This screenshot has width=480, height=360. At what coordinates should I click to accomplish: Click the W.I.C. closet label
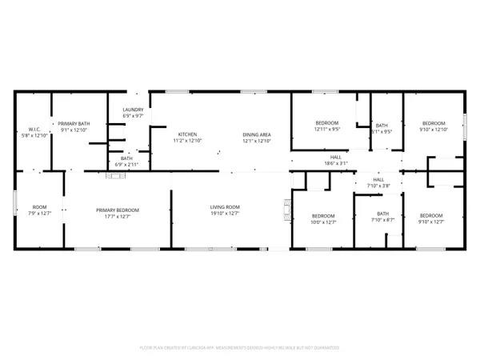(x=34, y=132)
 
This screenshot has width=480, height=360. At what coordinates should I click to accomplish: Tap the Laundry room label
(x=133, y=113)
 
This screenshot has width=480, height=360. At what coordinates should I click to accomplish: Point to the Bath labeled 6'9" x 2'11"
(x=127, y=161)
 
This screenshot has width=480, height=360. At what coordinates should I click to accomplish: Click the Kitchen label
(x=188, y=137)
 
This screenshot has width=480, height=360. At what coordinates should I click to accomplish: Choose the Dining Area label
(x=258, y=137)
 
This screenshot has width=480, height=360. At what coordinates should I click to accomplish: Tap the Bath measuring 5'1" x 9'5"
(x=382, y=128)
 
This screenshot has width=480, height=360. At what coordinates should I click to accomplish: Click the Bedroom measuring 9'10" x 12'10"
(x=434, y=126)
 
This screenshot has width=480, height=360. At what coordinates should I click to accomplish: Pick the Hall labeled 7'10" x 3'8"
(x=378, y=182)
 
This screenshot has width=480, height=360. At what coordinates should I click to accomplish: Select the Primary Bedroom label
(x=118, y=213)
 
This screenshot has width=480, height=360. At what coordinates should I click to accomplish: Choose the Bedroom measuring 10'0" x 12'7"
(x=323, y=218)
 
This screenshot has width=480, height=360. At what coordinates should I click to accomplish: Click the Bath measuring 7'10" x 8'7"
(x=382, y=217)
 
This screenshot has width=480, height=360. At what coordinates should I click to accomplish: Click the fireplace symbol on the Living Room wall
(x=286, y=212)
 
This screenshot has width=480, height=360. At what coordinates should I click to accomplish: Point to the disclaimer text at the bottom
(x=240, y=348)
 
